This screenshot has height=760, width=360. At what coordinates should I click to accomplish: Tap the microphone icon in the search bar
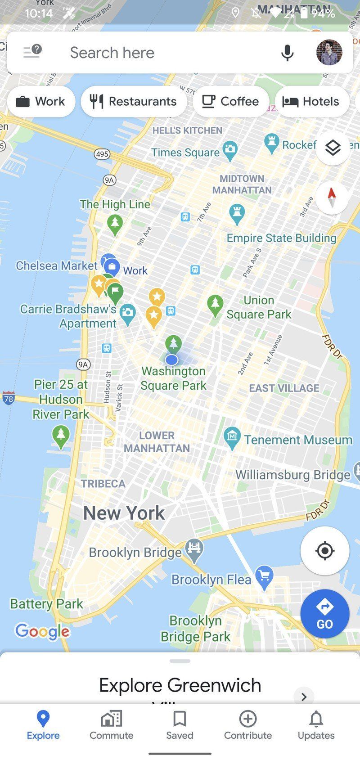coord(287,53)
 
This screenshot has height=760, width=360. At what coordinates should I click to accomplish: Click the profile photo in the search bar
coord(329,53)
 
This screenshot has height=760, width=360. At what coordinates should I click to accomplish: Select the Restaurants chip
coord(134,101)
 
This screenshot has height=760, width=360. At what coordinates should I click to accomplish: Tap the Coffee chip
coord(230,101)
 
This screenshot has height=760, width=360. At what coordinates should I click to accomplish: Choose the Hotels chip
coord(311,101)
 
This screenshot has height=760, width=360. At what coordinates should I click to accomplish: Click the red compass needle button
coord(332,197)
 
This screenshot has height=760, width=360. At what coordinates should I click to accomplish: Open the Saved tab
coord(180,725)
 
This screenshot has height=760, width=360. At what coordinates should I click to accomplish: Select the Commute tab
coord(111,725)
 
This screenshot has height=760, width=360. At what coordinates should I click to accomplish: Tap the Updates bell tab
coord(316,725)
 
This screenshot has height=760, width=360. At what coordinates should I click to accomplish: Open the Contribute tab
coord(248,725)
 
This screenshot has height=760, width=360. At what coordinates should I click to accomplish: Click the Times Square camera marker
coord(230,150)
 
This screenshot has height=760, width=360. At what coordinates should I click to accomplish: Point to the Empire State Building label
coord(281,238)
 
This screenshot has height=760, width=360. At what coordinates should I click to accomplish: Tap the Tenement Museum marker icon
coord(232,437)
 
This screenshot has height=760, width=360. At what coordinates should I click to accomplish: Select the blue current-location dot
coord(171,360)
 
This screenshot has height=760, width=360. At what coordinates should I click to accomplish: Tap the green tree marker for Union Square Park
coord(215,304)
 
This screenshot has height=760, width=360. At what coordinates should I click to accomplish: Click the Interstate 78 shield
coord(8,398)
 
